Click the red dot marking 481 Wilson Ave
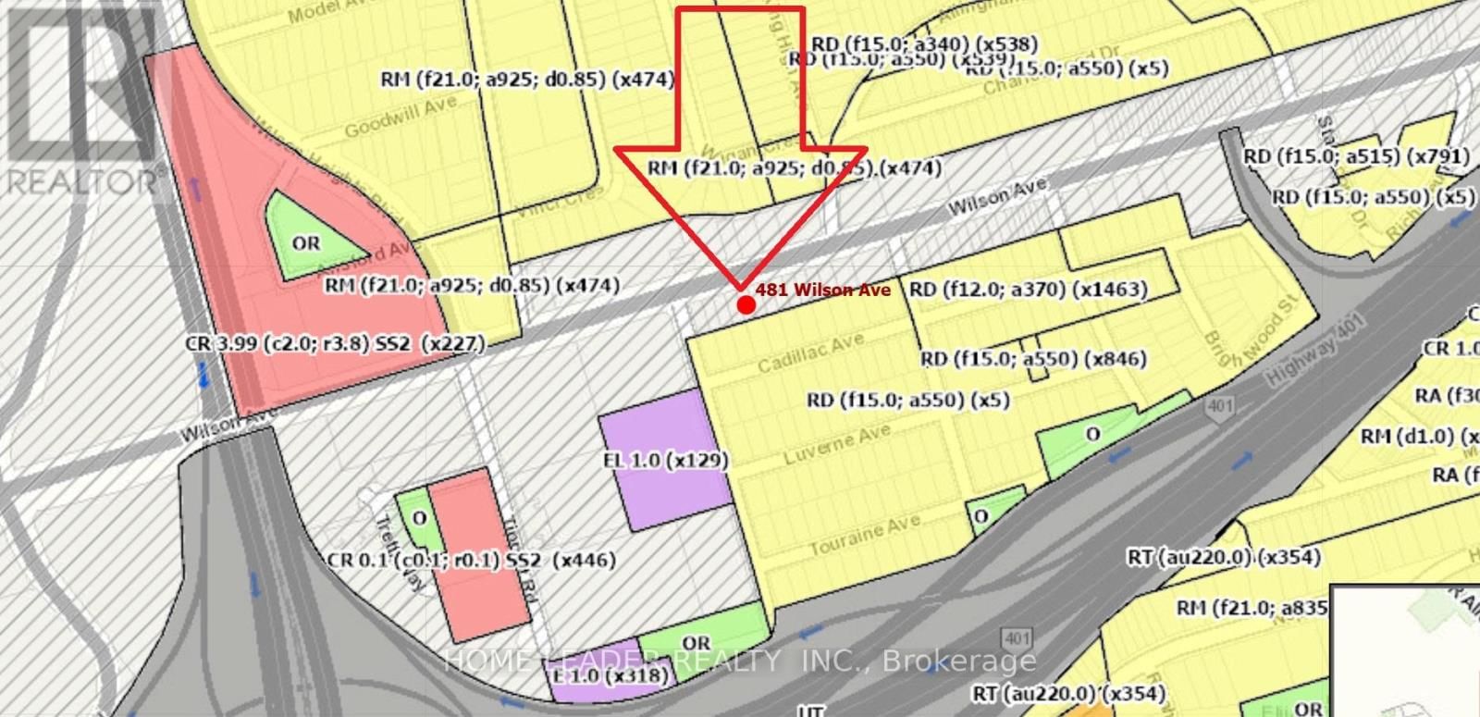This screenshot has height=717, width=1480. (x=746, y=304)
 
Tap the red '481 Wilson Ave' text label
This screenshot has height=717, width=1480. (x=822, y=291)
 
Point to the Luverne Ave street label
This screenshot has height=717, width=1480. (x=837, y=445)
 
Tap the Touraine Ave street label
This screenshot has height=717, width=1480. (x=864, y=536)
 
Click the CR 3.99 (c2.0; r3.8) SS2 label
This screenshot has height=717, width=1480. (x=335, y=344)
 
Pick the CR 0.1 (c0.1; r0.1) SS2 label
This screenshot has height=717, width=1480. (x=471, y=561)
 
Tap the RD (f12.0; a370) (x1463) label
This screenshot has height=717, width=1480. (x=1028, y=290)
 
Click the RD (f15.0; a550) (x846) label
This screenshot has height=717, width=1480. (x=1033, y=359)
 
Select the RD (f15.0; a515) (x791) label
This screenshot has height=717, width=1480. (x=1356, y=157)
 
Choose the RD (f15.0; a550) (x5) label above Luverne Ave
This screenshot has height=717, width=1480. (x=907, y=400)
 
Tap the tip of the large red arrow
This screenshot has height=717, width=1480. (x=740, y=286)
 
